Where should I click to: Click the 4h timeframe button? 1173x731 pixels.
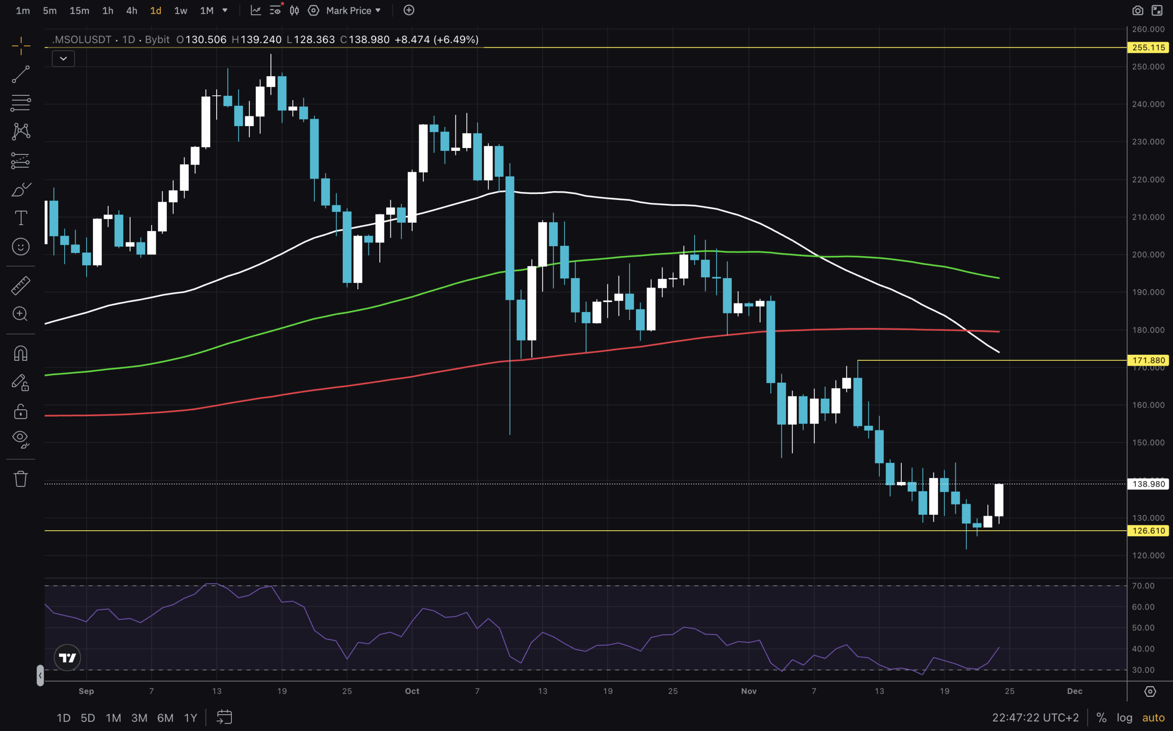[x=132, y=11]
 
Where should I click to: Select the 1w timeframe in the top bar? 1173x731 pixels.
[x=180, y=11]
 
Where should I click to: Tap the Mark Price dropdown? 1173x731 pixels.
[x=353, y=11]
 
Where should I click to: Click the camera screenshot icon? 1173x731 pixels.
[x=1137, y=11]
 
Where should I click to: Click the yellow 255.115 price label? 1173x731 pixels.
[x=1148, y=47]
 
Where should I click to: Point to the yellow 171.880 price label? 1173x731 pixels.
[x=1148, y=360]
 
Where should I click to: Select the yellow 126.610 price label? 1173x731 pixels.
[x=1148, y=530]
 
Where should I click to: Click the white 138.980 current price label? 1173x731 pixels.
[x=1148, y=484]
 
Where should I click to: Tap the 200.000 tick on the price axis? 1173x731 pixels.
[x=1148, y=255]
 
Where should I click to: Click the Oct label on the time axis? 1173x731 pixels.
[x=412, y=691]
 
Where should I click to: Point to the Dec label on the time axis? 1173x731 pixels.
[x=1074, y=691]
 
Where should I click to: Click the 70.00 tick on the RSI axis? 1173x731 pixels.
[x=1143, y=585]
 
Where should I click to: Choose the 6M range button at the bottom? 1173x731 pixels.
[x=165, y=717]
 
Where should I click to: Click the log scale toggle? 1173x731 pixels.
[x=1124, y=717]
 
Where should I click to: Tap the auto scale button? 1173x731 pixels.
[x=1153, y=717]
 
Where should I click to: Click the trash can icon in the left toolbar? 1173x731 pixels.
[x=20, y=478]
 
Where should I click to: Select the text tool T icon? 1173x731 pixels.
[x=20, y=218]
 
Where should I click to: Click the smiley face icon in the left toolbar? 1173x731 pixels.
[x=20, y=247]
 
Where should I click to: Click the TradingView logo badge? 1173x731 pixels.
[x=67, y=658]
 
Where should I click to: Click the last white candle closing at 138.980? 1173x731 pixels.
[x=998, y=500]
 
